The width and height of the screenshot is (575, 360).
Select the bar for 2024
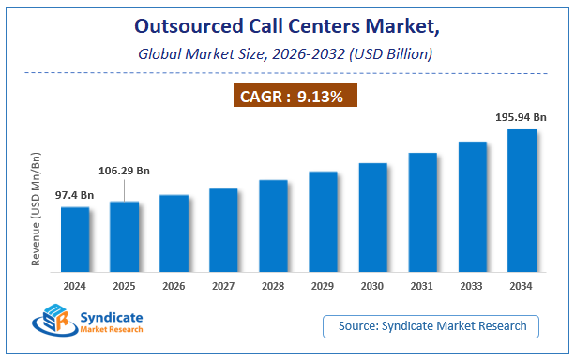[75, 239]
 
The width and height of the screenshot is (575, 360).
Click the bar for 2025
[125, 236]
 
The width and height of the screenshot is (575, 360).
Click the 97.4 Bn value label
[75, 194]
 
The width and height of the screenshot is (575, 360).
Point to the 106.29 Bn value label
[126, 171]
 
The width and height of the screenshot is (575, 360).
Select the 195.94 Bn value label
[520, 117]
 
